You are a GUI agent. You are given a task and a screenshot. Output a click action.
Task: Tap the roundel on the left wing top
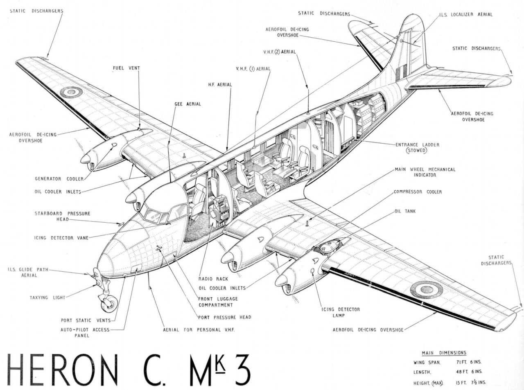71,92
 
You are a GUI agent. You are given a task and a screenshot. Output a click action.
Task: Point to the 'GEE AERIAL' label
187,104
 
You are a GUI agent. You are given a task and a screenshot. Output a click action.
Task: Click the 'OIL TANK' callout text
404,212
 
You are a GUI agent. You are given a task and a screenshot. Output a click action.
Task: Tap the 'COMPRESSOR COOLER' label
418,192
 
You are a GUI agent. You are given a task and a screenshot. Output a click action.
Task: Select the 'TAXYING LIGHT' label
47,298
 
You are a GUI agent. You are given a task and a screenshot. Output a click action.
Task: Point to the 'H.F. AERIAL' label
219,85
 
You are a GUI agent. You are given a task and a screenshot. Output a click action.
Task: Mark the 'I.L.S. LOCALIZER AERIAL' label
466,14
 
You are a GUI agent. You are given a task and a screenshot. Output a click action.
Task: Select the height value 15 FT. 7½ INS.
470,383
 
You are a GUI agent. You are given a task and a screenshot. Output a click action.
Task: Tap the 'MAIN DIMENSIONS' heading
444,353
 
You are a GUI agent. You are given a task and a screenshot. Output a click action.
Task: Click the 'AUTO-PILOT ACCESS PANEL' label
86,332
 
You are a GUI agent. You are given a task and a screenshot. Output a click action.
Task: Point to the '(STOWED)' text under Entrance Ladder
416,151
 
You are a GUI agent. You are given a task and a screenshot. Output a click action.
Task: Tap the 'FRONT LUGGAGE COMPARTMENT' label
218,302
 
